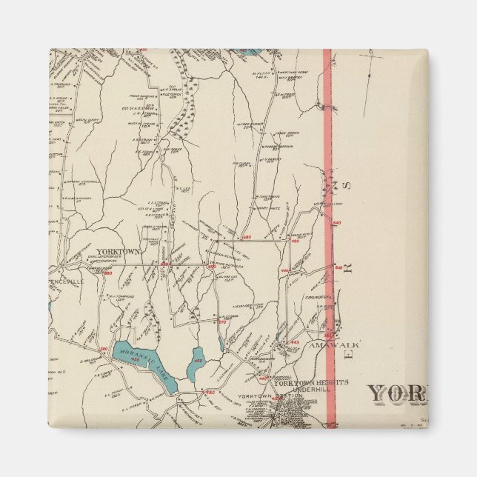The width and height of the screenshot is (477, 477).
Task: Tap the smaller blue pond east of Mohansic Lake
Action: (x=197, y=361)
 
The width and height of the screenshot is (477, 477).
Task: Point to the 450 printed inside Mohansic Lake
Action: (x=136, y=361)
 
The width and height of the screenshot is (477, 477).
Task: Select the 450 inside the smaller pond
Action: (x=198, y=361)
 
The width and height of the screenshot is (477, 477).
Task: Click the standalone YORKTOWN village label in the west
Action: (x=119, y=252)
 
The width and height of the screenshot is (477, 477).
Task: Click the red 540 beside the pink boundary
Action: (x=337, y=223)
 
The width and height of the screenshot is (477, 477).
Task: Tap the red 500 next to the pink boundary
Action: (x=338, y=267)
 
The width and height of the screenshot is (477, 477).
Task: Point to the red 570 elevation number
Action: (x=221, y=321)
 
